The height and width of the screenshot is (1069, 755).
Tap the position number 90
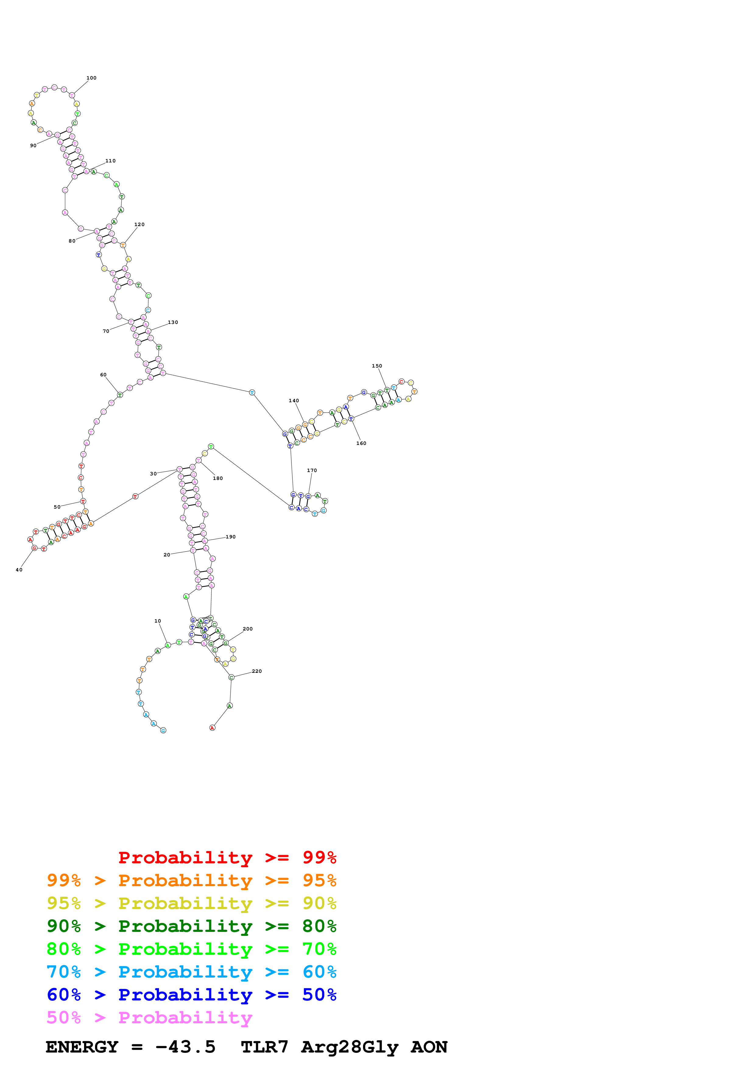click(33, 146)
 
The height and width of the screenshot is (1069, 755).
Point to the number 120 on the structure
click(139, 224)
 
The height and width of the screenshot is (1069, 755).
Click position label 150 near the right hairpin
click(377, 366)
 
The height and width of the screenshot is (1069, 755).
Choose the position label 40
click(19, 570)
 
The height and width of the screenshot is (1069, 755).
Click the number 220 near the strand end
click(257, 671)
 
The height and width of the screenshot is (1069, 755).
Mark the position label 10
click(158, 621)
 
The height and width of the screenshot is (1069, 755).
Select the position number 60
click(103, 375)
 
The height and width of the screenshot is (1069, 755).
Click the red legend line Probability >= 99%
click(227, 857)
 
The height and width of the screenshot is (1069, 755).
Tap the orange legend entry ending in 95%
click(191, 880)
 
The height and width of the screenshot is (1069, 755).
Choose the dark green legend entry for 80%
click(191, 926)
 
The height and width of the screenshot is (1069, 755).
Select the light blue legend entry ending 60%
click(191, 972)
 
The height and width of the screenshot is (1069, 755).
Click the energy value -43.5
click(185, 1047)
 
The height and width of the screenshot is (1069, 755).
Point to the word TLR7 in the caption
click(264, 1047)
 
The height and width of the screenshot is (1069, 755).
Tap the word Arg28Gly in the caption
click(349, 1047)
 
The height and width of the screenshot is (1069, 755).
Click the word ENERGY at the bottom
click(82, 1047)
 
